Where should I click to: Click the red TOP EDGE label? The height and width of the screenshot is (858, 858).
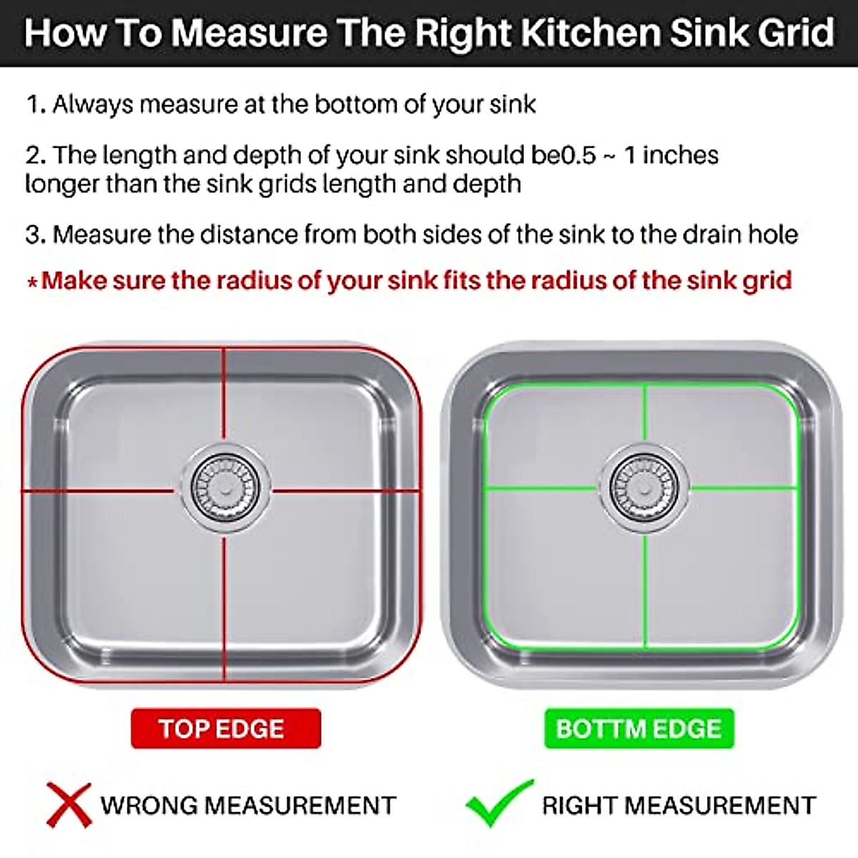(225, 729)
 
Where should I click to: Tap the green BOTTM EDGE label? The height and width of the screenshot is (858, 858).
(638, 729)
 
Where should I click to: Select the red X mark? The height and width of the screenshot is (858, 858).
(69, 805)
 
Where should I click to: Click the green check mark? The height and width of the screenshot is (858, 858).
(498, 802)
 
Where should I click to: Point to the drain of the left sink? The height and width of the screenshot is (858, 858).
(225, 489)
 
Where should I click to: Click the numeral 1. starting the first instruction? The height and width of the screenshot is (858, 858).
(36, 105)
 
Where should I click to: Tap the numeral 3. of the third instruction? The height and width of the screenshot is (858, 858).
(36, 235)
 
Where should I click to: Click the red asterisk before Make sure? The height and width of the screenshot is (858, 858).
(32, 282)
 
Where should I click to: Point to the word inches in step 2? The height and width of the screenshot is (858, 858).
(680, 155)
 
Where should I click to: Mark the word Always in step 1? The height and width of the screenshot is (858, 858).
(92, 105)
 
